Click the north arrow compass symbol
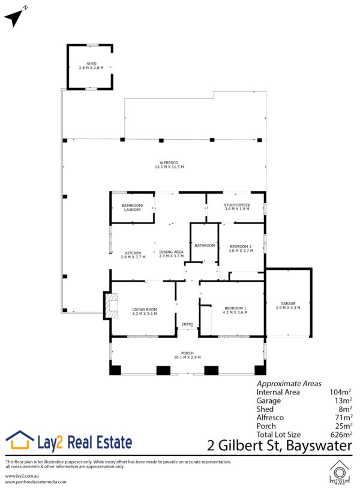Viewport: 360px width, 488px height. (x=14, y=17)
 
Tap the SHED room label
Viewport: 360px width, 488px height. (x=91, y=64)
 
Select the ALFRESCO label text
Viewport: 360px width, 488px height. (x=169, y=163)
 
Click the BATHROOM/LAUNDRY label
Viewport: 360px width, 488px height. (x=133, y=207)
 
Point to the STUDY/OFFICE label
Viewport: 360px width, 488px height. (x=237, y=205)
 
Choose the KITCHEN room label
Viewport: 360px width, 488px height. (x=133, y=253)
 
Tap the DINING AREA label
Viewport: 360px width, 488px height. (x=171, y=252)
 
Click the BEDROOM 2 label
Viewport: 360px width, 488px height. (x=241, y=246)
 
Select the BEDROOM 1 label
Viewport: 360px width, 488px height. (x=235, y=308)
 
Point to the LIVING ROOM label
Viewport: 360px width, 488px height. (x=145, y=310)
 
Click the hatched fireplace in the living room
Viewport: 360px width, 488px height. (x=112, y=305)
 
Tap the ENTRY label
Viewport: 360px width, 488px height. (x=187, y=324)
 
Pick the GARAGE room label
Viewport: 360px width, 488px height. (x=288, y=303)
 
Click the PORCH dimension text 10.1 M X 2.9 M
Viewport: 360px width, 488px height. (x=187, y=357)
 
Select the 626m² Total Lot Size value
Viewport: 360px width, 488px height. (x=341, y=435)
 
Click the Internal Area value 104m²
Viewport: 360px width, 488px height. (x=340, y=392)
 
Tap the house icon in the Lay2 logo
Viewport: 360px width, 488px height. (x=20, y=440)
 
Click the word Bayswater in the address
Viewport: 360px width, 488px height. (x=319, y=445)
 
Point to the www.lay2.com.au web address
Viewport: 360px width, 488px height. (x=22, y=476)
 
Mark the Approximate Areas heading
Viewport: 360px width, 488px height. (x=289, y=384)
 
